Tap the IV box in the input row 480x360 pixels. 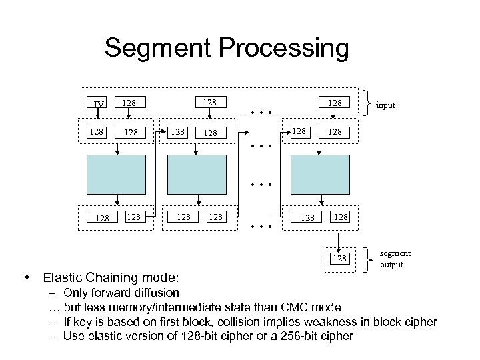tap(99, 104)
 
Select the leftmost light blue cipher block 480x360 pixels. tap(117, 173)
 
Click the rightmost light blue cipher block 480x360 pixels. tap(321, 173)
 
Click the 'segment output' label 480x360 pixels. tap(395, 259)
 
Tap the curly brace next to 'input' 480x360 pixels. tap(367, 103)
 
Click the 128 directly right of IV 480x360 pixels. tap(129, 103)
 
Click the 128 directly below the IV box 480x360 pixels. tap(97, 132)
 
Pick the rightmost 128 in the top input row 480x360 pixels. tap(334, 103)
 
